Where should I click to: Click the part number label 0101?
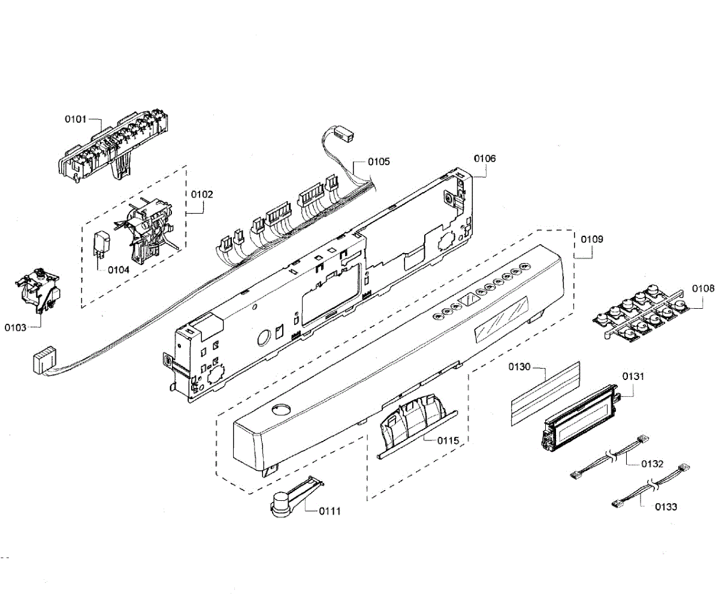click(77, 119)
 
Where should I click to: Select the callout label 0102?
click(203, 194)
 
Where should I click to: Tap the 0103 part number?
click(16, 327)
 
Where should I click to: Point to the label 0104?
click(119, 269)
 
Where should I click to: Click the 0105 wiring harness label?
click(379, 161)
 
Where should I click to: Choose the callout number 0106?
click(485, 159)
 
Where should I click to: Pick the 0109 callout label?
click(592, 239)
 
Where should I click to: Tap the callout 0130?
click(520, 366)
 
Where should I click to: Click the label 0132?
click(652, 464)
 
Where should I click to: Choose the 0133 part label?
click(666, 507)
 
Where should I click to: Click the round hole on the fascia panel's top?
click(279, 409)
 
